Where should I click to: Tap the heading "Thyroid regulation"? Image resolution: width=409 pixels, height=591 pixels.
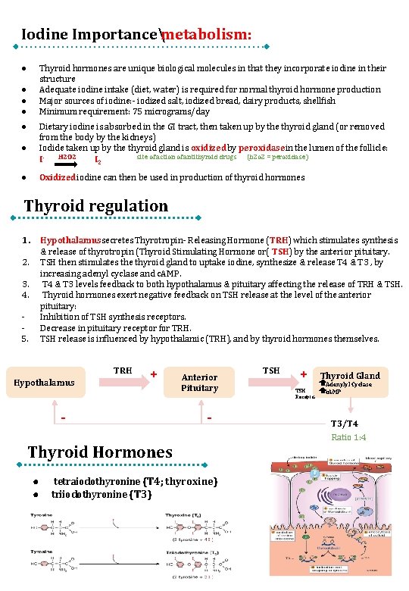point(96,206)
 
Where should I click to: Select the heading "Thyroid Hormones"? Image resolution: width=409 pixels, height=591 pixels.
point(100,452)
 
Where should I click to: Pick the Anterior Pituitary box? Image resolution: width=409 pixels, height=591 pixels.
point(199,383)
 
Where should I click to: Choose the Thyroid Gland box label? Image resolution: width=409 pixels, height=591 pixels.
point(350,376)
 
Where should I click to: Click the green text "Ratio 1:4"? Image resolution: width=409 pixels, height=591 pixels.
point(349,438)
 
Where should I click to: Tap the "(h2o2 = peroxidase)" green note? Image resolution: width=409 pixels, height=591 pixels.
point(278,158)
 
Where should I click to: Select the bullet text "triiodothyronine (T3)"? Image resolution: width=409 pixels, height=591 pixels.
point(101,494)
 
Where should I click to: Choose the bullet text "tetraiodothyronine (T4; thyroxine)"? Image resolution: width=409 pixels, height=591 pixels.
point(136,482)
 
